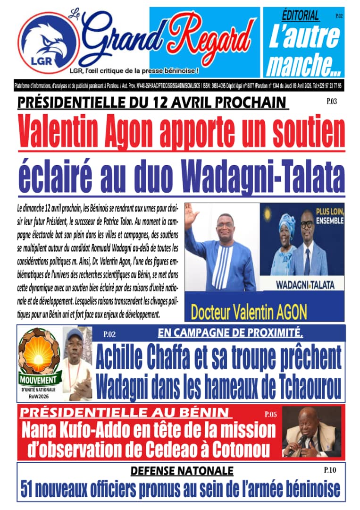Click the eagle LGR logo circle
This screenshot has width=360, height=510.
(49, 42)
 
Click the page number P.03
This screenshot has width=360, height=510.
(331, 101)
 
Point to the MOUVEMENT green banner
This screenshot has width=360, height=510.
(40, 379)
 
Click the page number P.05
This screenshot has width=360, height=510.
(270, 415)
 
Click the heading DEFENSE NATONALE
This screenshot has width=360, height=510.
(182, 470)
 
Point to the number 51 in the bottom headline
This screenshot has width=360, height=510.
(29, 488)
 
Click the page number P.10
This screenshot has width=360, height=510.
(330, 470)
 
